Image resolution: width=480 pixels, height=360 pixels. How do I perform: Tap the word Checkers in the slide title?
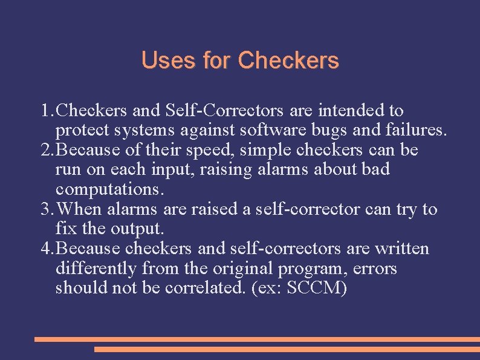click(288, 61)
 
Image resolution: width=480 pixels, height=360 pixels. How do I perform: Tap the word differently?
click(97, 268)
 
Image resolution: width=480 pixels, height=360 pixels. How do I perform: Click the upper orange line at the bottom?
click(257, 339)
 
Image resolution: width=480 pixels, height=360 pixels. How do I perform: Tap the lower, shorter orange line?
click(287, 349)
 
